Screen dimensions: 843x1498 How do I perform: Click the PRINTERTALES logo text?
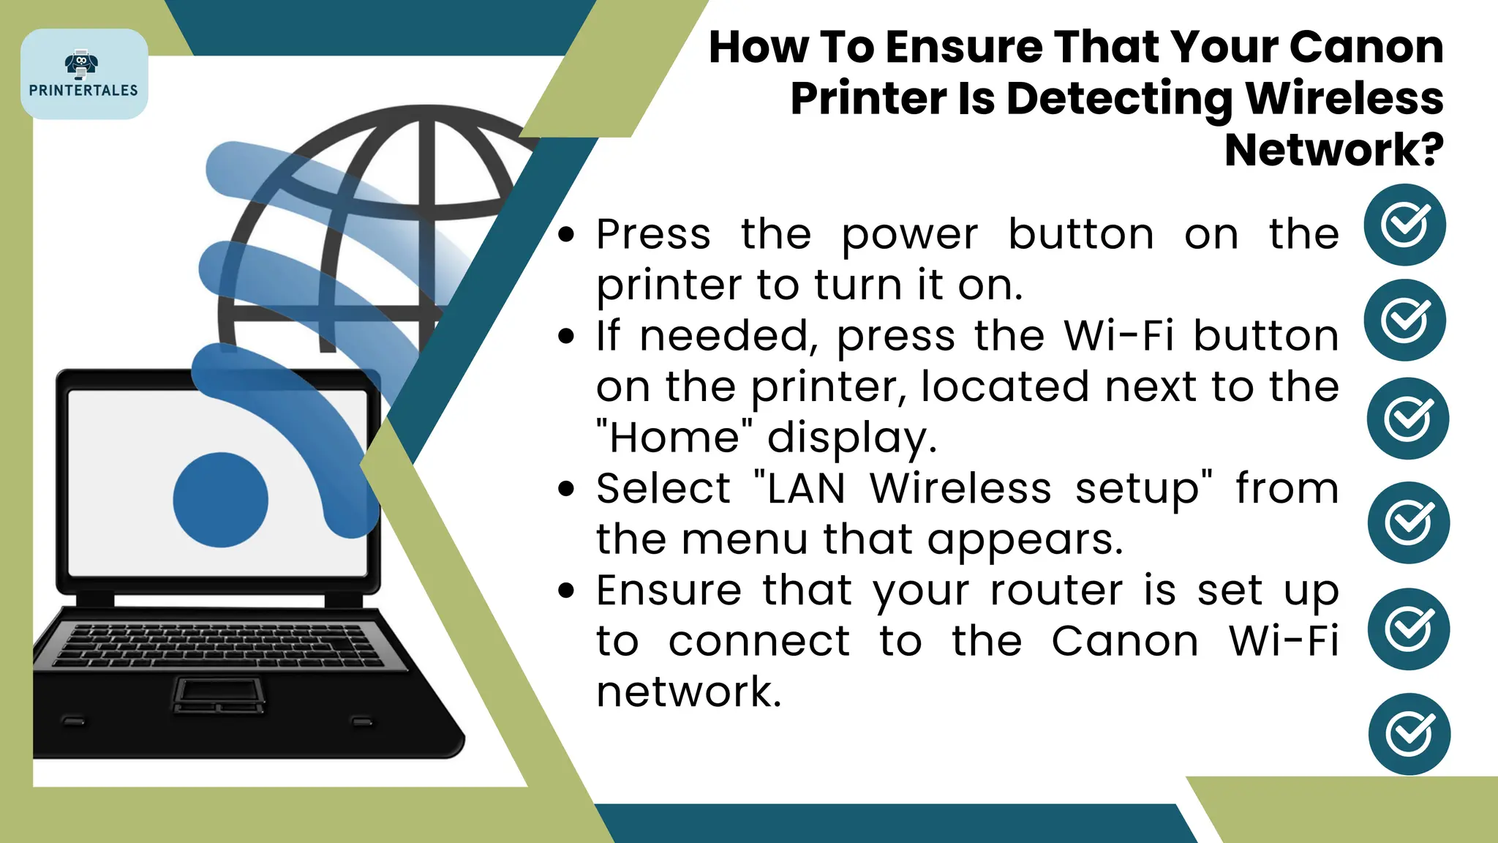[x=83, y=90]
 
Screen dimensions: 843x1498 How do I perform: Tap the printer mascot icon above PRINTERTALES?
[x=81, y=64]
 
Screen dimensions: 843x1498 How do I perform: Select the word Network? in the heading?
[x=1333, y=150]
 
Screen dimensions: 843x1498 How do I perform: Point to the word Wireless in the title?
[x=1344, y=98]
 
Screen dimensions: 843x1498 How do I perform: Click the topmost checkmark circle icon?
[x=1404, y=225]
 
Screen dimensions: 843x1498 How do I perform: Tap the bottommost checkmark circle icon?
[x=1409, y=734]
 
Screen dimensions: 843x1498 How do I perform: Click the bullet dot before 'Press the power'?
[x=566, y=235]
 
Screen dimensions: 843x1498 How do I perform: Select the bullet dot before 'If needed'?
[x=566, y=337]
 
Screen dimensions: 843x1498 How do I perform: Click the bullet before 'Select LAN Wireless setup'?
[x=566, y=489]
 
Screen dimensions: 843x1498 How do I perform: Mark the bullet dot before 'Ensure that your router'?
[x=566, y=591]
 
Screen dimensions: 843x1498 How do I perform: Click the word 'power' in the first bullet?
[x=909, y=236]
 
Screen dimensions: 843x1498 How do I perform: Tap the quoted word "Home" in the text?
[x=674, y=438]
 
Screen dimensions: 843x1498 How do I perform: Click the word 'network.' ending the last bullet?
[x=688, y=692]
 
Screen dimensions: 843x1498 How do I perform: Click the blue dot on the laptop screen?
[x=220, y=500]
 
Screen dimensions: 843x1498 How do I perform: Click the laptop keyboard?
[x=219, y=644]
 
